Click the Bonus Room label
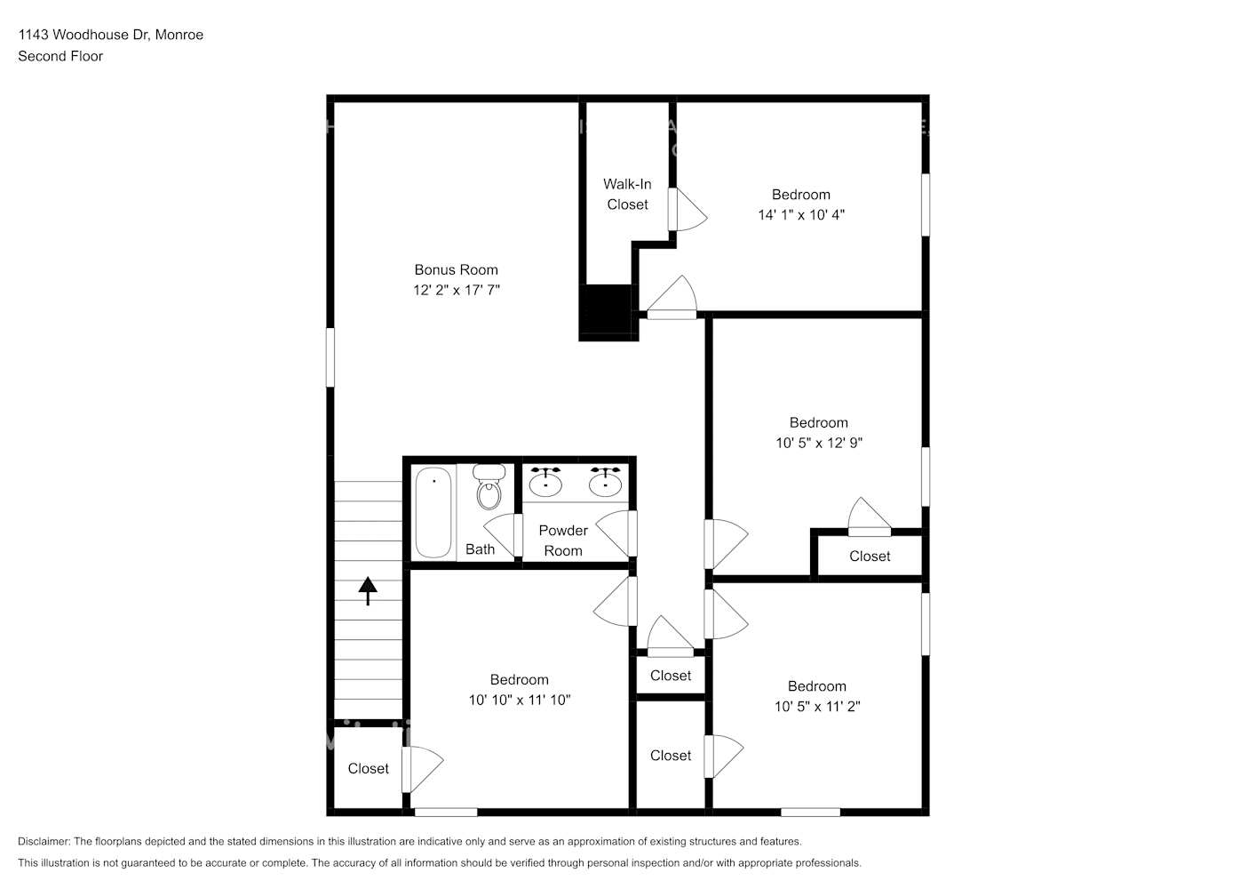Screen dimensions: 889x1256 coord(456,269)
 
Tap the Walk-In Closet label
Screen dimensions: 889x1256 coord(627,194)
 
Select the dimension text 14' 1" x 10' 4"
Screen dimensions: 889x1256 coord(800,214)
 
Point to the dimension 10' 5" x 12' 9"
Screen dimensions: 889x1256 coord(818,442)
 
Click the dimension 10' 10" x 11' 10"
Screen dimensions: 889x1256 coord(519,700)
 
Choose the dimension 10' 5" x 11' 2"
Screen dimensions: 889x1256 coord(816,706)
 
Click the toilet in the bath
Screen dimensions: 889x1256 coord(489,488)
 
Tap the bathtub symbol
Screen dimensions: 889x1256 coord(433,512)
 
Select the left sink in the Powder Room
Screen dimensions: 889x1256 coord(545,482)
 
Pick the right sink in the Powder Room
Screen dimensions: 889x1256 coord(605,482)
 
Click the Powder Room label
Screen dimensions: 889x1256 coord(563,541)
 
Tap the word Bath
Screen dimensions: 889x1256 coord(480,549)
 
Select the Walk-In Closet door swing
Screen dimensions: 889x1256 coord(688,210)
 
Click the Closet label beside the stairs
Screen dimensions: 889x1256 coord(368,768)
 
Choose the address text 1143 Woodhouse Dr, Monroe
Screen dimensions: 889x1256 coord(111,35)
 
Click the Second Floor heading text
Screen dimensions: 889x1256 coord(60,56)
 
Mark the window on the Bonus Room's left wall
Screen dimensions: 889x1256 coord(330,357)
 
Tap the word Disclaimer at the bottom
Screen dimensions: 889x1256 coord(44,841)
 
